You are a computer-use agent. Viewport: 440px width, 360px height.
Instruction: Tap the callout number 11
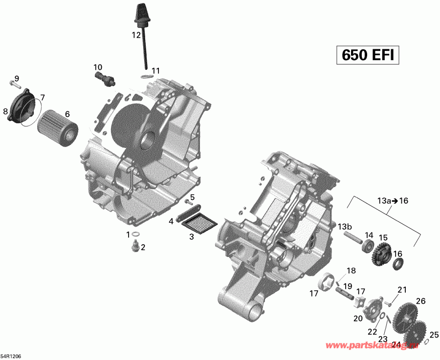[155, 71]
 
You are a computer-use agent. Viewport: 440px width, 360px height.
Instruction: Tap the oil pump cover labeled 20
[373, 309]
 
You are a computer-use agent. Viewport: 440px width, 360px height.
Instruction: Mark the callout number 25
[434, 335]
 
